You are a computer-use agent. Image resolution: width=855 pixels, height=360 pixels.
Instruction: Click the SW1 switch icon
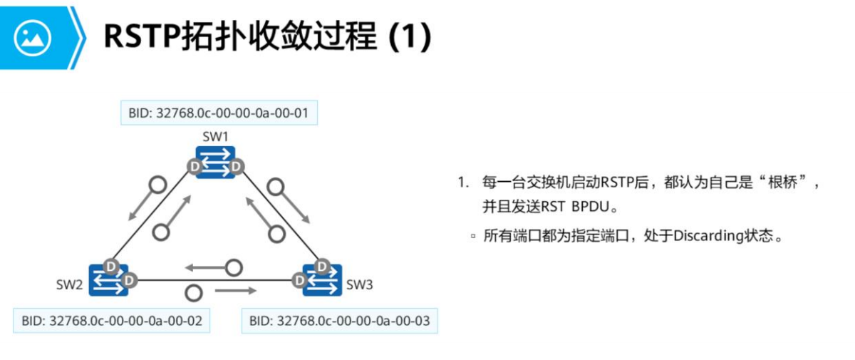click(215, 162)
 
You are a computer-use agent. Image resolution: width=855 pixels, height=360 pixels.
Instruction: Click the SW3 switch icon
click(322, 280)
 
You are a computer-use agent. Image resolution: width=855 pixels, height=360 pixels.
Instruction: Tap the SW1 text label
click(215, 136)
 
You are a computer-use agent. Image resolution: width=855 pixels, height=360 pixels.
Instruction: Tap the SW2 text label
click(70, 285)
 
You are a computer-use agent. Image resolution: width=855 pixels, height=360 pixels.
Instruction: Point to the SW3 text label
click(360, 285)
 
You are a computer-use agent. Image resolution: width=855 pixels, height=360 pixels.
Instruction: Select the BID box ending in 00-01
click(219, 113)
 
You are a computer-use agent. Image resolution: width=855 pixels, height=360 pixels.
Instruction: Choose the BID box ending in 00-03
click(339, 321)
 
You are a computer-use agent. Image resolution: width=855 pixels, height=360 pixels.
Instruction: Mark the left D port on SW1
click(194, 167)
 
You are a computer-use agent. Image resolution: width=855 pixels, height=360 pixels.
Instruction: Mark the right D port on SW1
click(237, 167)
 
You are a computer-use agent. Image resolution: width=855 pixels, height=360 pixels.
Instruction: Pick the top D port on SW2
click(110, 266)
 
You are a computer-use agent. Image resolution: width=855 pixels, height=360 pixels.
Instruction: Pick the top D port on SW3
click(322, 267)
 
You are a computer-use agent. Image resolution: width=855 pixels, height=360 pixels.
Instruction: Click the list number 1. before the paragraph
click(463, 182)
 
